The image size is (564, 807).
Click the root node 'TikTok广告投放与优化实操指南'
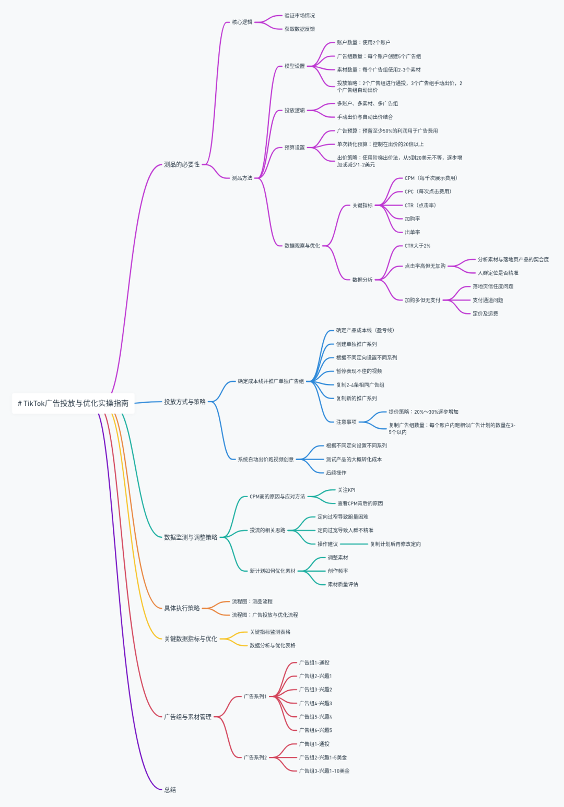(73, 403)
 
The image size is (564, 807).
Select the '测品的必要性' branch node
(182, 164)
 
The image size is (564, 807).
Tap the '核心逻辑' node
(242, 22)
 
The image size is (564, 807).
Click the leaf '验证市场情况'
(299, 16)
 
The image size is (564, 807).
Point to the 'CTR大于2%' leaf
(417, 246)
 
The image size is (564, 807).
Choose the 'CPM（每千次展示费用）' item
(431, 178)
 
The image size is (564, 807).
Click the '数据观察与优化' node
(302, 246)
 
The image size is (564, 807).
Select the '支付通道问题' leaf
(488, 300)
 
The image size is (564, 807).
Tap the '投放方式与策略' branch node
(185, 402)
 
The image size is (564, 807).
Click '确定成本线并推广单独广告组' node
(271, 381)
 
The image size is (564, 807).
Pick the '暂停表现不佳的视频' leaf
(359, 371)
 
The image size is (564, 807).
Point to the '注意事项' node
(346, 421)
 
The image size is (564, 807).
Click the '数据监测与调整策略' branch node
(191, 537)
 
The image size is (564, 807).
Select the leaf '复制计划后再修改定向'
(395, 544)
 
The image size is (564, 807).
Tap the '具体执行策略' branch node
(182, 608)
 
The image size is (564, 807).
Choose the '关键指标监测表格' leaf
(270, 632)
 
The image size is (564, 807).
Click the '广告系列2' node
(255, 757)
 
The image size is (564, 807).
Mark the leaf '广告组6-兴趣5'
(315, 730)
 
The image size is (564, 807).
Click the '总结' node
(170, 790)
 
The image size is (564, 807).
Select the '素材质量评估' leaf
(343, 584)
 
